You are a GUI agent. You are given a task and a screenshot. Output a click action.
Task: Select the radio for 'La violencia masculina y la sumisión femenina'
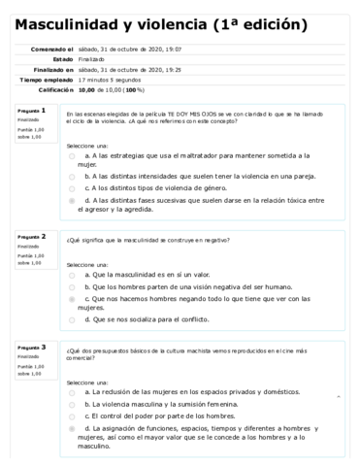pyautogui.click(x=73, y=403)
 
